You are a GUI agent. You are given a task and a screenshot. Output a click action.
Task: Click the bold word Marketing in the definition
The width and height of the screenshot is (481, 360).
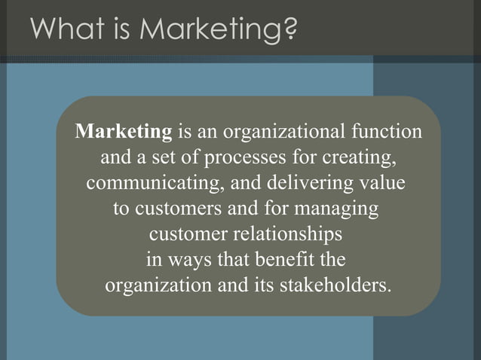point(124,133)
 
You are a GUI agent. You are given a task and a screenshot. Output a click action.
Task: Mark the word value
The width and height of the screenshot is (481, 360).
point(381,185)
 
